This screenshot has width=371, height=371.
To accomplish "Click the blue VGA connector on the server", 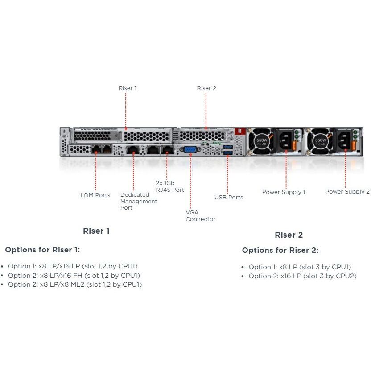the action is [190, 149].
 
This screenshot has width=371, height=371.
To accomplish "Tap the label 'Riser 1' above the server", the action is [128, 88].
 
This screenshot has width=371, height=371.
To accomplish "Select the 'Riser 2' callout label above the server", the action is [206, 88].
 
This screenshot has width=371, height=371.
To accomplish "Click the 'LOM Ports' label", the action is [95, 195].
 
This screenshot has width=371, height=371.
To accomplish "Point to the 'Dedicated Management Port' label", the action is [139, 201].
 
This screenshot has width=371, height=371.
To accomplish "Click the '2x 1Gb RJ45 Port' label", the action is [170, 186].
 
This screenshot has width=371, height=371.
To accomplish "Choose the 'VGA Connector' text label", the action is [200, 216].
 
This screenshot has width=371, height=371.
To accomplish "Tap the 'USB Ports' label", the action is [229, 198].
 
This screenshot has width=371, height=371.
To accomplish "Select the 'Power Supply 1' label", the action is [284, 192].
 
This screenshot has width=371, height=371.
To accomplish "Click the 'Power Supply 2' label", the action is [347, 191].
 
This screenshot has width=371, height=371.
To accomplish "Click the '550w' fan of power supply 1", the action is [261, 141].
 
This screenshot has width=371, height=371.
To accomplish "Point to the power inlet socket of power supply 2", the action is [345, 140].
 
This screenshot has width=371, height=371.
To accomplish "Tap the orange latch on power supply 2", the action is [354, 145].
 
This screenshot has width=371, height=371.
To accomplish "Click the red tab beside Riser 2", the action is [240, 131].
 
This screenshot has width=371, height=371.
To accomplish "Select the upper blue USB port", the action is [227, 147].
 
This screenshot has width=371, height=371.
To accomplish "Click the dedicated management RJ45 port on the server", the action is [133, 150].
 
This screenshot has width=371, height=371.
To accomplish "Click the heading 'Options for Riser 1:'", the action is [42, 250].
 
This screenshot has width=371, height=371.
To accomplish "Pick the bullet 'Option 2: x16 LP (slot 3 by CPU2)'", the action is [302, 276].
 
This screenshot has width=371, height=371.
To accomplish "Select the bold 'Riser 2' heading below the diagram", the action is [289, 235].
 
